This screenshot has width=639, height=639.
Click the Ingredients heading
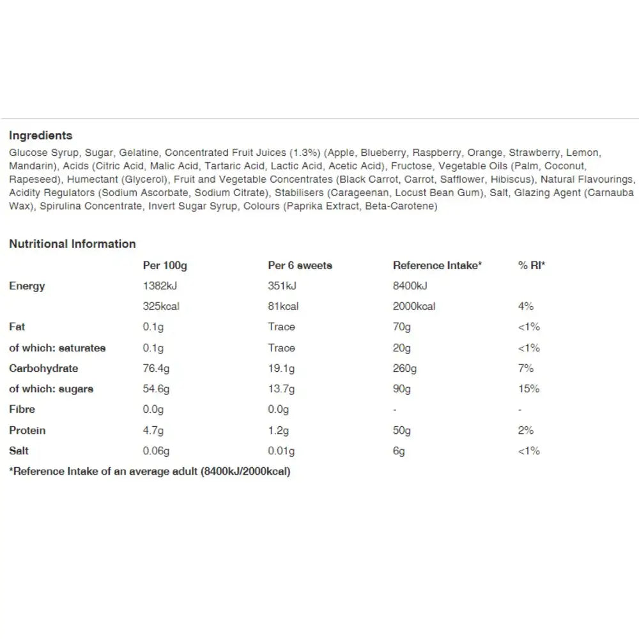[40, 135]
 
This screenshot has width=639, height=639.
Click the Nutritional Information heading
[72, 243]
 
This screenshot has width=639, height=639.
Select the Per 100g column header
[165, 265]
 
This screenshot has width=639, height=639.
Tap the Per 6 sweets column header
[300, 265]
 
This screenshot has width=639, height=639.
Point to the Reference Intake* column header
[437, 265]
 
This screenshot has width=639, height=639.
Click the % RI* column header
[531, 265]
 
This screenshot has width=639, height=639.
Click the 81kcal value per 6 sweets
[283, 306]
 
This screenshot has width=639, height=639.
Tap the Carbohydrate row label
[43, 368]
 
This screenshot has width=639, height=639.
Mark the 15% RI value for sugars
[528, 389]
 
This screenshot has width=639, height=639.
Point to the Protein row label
[27, 430]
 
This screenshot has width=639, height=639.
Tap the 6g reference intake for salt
[399, 450]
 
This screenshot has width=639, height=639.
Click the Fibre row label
[22, 409]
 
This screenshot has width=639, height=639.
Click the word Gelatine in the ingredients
[141, 153]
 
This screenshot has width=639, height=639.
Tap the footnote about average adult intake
[150, 472]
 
